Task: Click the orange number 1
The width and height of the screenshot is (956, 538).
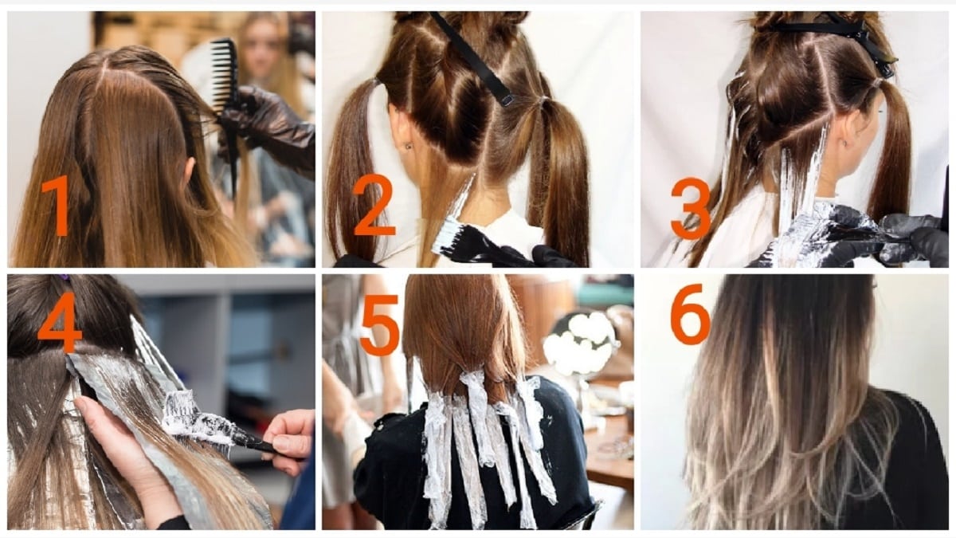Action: [x=57, y=205]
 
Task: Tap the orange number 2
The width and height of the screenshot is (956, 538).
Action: [x=374, y=205]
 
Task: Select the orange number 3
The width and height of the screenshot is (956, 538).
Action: [x=691, y=208]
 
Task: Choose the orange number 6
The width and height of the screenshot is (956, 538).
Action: [x=690, y=314]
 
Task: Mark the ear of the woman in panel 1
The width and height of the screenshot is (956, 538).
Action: [x=190, y=170]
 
